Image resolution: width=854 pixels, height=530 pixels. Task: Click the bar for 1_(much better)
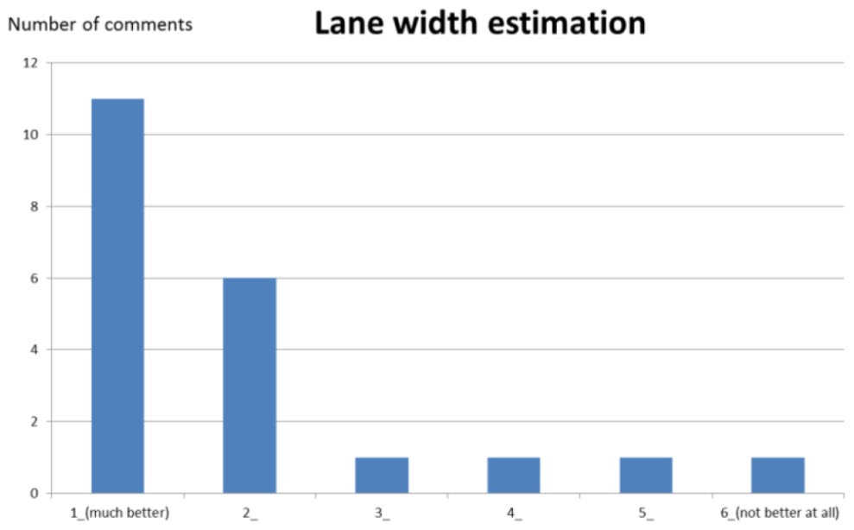coord(117,295)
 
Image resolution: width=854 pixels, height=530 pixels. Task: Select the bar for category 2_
coord(250,385)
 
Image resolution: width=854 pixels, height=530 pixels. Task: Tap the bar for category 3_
coord(382,475)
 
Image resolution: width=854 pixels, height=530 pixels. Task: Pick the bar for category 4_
coord(514,475)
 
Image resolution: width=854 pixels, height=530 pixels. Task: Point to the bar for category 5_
coord(646,475)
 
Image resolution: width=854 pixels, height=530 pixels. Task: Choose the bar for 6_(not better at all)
coord(778,475)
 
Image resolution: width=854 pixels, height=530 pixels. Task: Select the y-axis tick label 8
coord(34,206)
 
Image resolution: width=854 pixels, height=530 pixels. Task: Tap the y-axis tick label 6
coord(34,278)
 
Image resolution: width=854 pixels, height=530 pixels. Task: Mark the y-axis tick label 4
coord(34,350)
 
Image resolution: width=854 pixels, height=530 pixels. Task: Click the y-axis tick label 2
coord(34,421)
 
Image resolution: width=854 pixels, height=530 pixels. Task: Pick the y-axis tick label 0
coord(34,493)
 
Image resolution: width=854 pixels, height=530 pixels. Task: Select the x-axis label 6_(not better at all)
coord(779,513)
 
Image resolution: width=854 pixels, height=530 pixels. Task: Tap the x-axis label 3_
coord(382,513)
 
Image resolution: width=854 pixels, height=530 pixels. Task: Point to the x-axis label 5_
coord(646,513)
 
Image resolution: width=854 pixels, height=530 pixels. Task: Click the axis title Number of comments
coord(99,24)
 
